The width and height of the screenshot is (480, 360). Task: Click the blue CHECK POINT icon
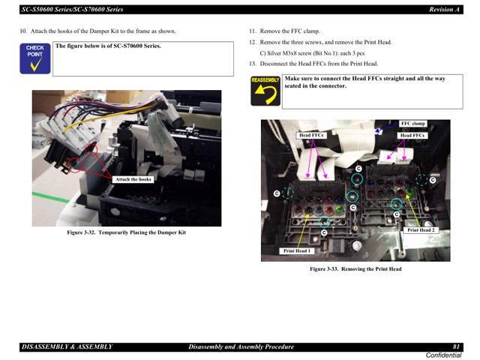click(x=35, y=58)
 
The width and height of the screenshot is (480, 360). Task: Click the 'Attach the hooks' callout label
click(x=133, y=179)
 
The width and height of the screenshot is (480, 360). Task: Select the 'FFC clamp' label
click(x=412, y=123)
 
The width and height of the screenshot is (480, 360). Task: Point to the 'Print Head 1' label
click(x=297, y=250)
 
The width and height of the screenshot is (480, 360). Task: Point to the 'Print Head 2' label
click(x=421, y=230)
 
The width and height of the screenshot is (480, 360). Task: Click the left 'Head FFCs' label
click(x=311, y=136)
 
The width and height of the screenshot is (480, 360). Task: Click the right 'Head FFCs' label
click(x=412, y=136)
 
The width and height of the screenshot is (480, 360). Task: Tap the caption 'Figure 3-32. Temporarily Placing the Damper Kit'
click(x=126, y=232)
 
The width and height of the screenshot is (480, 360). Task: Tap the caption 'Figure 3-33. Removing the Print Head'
click(x=355, y=269)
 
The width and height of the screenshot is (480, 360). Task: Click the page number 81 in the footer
click(x=456, y=346)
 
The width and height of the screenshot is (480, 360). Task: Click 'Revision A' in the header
click(x=442, y=10)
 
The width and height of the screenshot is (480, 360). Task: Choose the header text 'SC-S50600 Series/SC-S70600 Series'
click(x=73, y=10)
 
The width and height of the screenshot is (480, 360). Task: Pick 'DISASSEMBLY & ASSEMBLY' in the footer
click(x=67, y=346)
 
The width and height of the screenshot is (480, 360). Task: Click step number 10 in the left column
click(x=23, y=31)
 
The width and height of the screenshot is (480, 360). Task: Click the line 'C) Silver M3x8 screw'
click(x=300, y=53)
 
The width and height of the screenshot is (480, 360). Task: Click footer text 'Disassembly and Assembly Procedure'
click(x=241, y=346)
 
